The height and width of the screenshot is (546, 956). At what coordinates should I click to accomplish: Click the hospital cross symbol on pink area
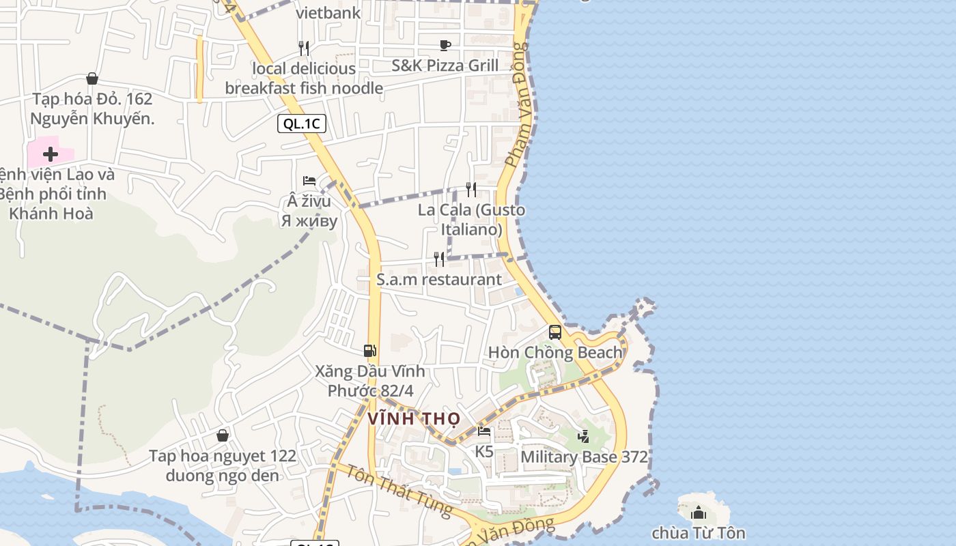(x=50, y=154)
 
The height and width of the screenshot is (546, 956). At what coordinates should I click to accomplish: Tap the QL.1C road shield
(x=301, y=124)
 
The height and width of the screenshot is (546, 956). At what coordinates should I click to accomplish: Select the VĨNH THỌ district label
(x=414, y=418)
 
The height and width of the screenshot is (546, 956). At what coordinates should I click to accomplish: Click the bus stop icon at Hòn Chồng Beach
(x=555, y=332)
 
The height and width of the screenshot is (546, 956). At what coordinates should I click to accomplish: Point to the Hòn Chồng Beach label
(x=555, y=353)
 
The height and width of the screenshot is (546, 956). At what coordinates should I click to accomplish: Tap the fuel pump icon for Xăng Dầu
(x=369, y=351)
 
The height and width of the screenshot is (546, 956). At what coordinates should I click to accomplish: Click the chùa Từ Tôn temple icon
(x=698, y=513)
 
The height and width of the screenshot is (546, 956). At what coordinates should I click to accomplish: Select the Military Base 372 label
(x=584, y=457)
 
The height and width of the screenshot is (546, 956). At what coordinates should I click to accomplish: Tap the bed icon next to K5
(x=484, y=431)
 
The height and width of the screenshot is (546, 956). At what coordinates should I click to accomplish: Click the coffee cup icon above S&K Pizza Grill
(x=445, y=45)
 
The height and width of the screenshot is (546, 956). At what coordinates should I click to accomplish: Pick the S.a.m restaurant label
(x=439, y=279)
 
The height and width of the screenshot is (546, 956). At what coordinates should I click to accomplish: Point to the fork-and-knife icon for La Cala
(x=471, y=189)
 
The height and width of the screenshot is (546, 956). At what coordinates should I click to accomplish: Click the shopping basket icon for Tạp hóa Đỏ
(x=92, y=79)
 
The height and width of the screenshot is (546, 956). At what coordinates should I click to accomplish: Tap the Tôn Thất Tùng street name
(x=399, y=489)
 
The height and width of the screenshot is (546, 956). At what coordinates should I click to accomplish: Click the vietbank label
(x=328, y=12)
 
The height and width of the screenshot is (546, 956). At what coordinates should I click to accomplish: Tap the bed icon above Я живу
(x=309, y=181)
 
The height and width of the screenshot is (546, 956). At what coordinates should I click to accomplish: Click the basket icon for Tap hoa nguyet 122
(x=223, y=435)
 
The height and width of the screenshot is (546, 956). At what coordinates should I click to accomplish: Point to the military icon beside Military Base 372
(x=583, y=436)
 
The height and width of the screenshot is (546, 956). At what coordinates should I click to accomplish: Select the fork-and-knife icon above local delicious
(x=304, y=48)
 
